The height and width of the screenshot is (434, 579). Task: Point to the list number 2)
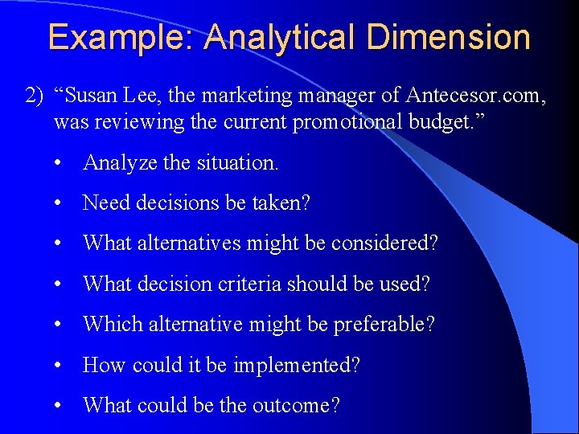coord(35,96)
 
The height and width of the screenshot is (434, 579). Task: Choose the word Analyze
coord(120,162)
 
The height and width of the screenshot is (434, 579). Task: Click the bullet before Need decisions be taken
coord(60,203)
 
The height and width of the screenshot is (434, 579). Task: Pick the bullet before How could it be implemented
coord(60,366)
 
